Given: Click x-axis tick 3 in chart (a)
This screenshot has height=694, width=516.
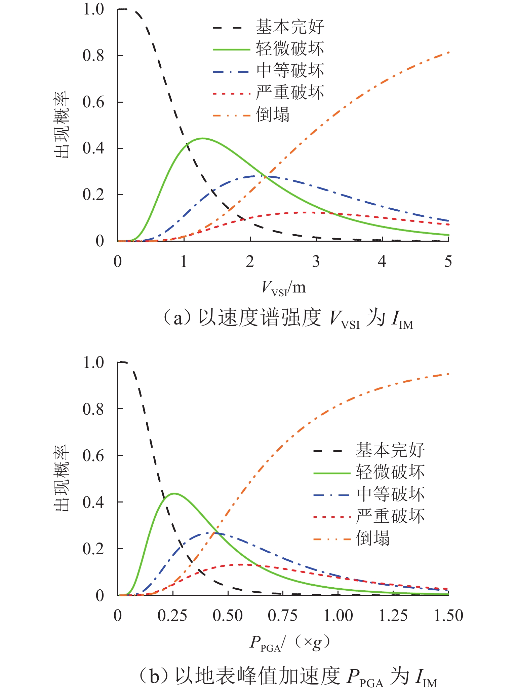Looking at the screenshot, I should click(316, 262).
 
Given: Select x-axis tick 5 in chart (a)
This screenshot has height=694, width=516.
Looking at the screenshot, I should click(448, 262).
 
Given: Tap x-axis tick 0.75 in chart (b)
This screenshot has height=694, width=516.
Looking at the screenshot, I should click(283, 616).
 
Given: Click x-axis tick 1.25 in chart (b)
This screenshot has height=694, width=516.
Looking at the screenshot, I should click(393, 616).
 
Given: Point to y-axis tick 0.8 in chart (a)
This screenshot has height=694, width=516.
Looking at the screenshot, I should click(93, 56).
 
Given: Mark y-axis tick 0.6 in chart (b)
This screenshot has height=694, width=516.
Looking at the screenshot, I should click(93, 456).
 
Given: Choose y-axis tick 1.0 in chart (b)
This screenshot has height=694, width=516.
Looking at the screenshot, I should click(93, 363).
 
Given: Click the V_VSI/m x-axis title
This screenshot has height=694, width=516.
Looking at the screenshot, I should click(284, 288).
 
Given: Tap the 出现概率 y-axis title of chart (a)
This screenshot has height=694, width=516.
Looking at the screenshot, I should click(62, 125).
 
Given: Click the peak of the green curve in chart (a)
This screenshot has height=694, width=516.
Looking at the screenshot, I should click(202, 138).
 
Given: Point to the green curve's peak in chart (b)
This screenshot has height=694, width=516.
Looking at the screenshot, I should click(174, 493).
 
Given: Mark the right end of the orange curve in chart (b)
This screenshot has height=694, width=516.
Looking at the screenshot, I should click(448, 374).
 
